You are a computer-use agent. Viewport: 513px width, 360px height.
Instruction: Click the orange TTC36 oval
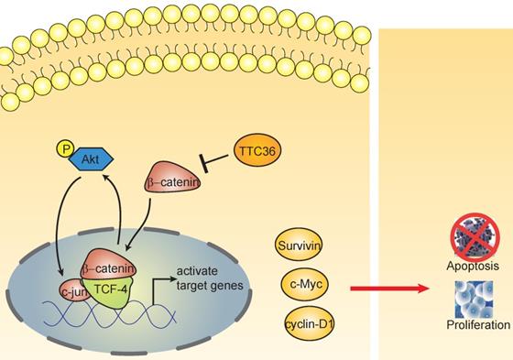[257, 151]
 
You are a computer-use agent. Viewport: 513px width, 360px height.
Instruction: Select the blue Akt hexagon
[91, 159]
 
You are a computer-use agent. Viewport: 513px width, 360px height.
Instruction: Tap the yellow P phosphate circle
[66, 149]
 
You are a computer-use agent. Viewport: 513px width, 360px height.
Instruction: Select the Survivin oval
[298, 245]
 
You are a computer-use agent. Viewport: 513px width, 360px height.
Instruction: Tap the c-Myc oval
[305, 284]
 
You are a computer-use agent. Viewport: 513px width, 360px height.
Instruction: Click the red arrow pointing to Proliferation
[389, 289]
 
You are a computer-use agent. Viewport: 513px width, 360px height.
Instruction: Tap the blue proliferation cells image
[474, 300]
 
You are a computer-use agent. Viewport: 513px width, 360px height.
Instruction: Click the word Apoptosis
[473, 266]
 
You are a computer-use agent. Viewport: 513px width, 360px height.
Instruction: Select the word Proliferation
[478, 324]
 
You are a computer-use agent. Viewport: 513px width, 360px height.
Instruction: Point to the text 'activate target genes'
[210, 278]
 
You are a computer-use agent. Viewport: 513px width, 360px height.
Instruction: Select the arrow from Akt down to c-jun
[58, 226]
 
